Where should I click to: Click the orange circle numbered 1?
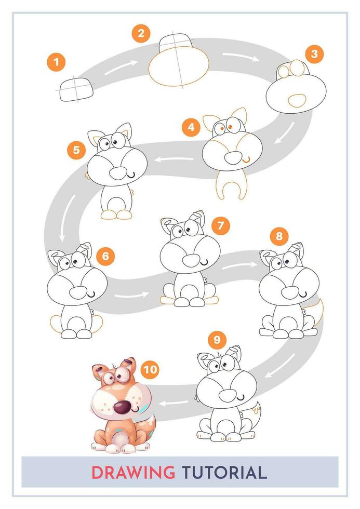click(x=56, y=63)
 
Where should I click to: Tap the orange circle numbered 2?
click(x=140, y=34)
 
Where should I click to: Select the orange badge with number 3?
click(x=314, y=53)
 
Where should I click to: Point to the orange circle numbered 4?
click(x=191, y=127)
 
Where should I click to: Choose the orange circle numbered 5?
click(x=76, y=150)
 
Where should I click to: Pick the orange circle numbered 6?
click(x=105, y=256)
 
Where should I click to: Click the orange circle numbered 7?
click(x=221, y=225)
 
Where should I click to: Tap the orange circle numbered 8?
click(x=279, y=237)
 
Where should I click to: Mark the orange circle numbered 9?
click(x=217, y=340)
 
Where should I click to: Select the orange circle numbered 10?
click(x=150, y=369)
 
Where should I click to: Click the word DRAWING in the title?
click(x=133, y=473)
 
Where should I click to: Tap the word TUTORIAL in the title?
click(x=224, y=473)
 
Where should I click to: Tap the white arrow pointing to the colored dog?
click(x=174, y=402)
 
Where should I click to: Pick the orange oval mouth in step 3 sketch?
click(x=296, y=100)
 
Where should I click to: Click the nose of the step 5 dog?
click(x=118, y=173)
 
